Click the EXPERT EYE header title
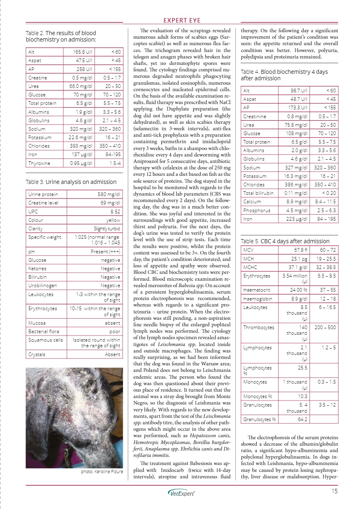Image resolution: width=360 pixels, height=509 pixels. (x=180, y=21)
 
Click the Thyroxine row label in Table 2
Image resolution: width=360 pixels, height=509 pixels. (x=39, y=163)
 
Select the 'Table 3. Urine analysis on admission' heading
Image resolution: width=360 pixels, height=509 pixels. (x=71, y=182)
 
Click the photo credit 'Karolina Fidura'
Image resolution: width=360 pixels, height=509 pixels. (x=101, y=471)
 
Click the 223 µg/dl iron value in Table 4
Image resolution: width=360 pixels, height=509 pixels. (x=297, y=219)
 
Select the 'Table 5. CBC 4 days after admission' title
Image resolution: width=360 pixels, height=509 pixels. (x=285, y=241)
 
